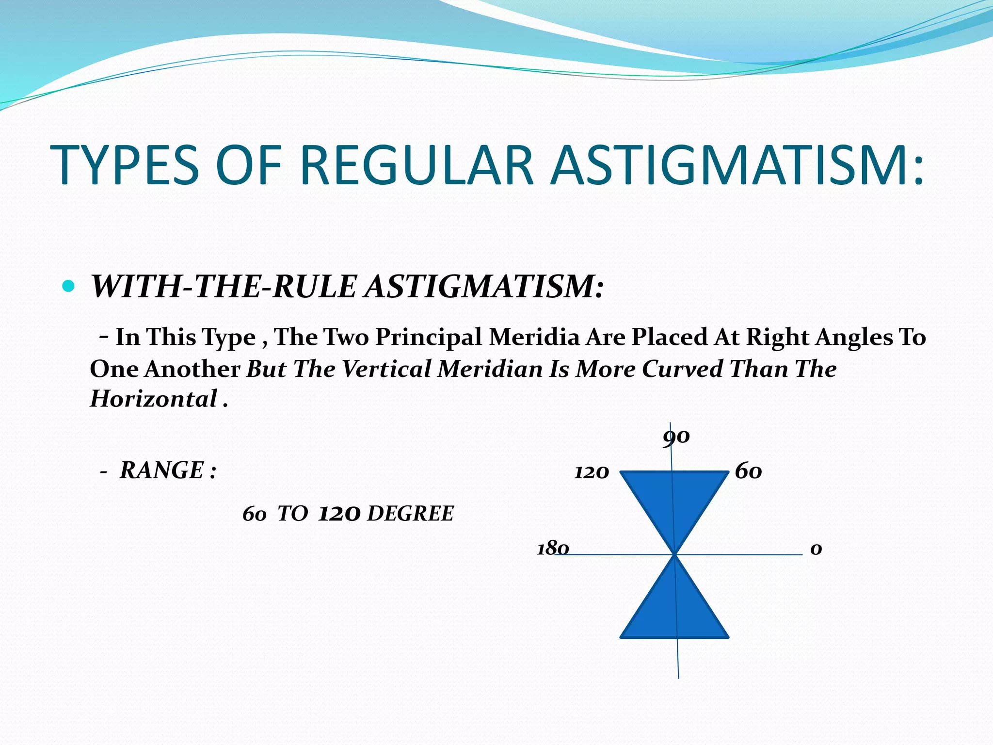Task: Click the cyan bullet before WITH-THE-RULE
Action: click(69, 286)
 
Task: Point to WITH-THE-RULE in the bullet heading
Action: click(224, 287)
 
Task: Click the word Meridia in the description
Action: click(534, 337)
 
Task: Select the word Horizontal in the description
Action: click(153, 399)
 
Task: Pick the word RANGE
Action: click(161, 470)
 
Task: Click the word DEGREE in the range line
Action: click(410, 514)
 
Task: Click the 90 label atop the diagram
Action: click(676, 437)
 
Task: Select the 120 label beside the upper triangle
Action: click(592, 472)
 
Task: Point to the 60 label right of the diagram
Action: click(748, 471)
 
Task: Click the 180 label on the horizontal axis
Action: click(553, 549)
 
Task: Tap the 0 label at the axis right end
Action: click(816, 549)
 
